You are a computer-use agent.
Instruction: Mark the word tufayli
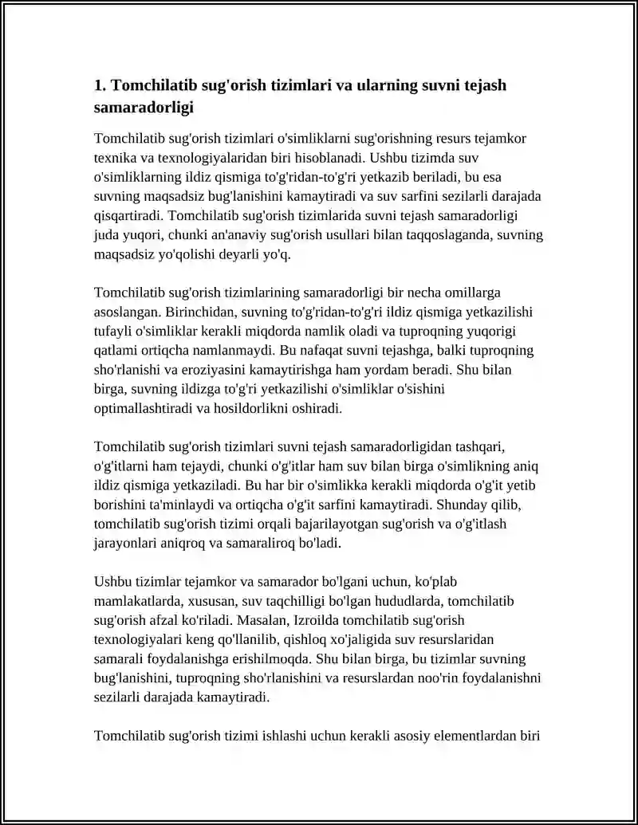coord(113,331)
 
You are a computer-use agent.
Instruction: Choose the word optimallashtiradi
coord(144,409)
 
